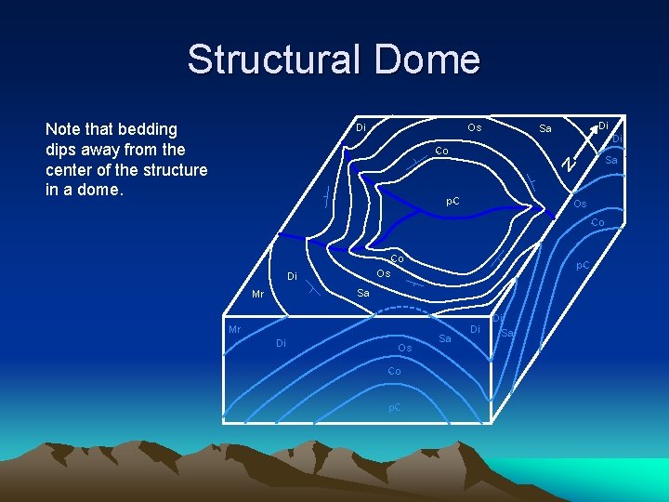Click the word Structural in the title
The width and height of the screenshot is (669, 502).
tap(273, 59)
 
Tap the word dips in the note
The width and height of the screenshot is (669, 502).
tap(63, 150)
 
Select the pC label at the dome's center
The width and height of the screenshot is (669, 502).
tap(453, 201)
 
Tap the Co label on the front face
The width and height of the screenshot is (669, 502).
tap(394, 371)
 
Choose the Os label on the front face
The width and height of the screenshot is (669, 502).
tap(404, 348)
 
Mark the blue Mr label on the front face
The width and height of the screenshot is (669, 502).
tap(235, 329)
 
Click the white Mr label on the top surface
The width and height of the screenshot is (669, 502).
tap(258, 295)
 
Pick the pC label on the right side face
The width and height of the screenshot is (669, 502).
tap(582, 266)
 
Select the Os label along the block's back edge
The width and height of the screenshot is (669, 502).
tap(474, 126)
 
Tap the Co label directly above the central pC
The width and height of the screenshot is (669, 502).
tap(442, 151)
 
